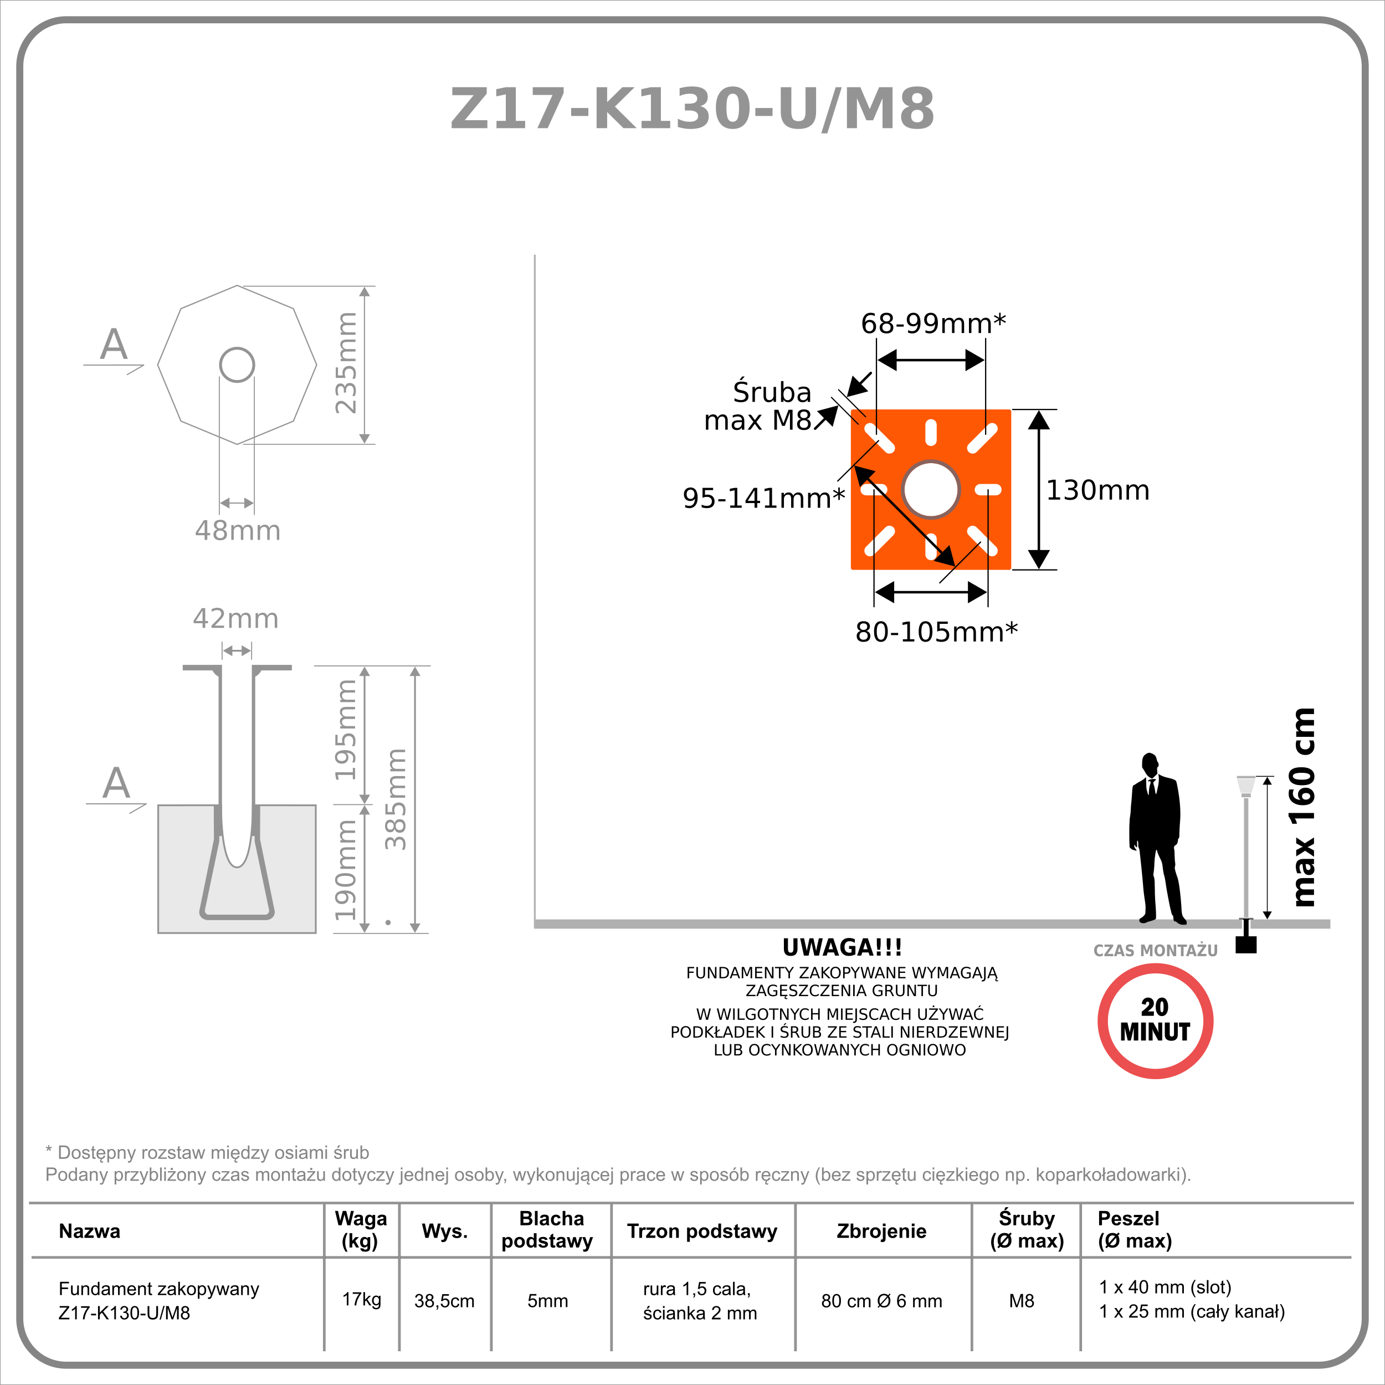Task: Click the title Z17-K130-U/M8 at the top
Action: (692, 109)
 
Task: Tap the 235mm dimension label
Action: (346, 363)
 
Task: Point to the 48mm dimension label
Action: (237, 531)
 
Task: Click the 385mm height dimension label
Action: (396, 799)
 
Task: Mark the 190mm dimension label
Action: (346, 870)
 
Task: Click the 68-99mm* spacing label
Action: (932, 324)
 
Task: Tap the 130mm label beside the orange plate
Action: (1097, 490)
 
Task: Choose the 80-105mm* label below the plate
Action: (936, 632)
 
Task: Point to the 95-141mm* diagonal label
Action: (763, 498)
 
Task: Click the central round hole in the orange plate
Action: (931, 490)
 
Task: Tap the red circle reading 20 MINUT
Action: (1155, 1021)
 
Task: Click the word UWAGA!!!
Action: (842, 948)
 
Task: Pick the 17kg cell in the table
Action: (361, 1299)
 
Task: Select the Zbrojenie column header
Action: (881, 1231)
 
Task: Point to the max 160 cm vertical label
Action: (1302, 807)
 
